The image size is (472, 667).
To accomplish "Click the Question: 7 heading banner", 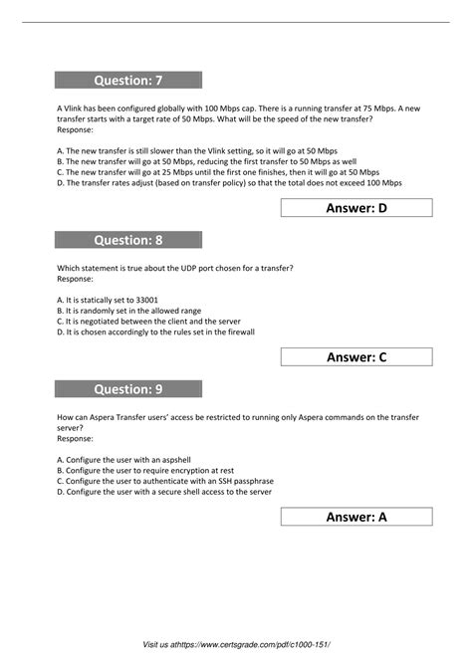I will click(129, 80).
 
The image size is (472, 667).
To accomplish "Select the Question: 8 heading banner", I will click(129, 239).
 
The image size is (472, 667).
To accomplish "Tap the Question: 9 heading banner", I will click(129, 389).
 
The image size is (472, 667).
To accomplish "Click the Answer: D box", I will click(356, 207).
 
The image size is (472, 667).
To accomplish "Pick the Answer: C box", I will click(356, 356).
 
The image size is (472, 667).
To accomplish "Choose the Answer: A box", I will click(356, 516).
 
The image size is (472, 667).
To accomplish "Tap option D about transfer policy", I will click(230, 183).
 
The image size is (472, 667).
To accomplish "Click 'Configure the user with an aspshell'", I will click(132, 459).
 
